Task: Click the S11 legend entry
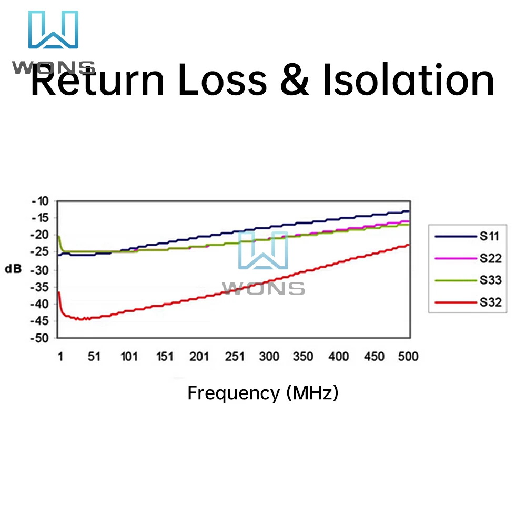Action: [468, 236]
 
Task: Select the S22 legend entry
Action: [468, 258]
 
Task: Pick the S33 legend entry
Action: [468, 280]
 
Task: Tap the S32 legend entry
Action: [468, 302]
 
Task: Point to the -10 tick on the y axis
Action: [39, 201]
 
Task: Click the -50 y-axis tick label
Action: [39, 338]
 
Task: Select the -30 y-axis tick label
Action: [39, 270]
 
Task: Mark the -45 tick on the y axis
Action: [39, 321]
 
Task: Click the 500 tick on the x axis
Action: [408, 357]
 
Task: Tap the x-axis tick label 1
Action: [60, 357]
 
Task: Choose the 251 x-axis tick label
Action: [235, 357]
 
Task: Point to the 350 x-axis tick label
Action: [304, 357]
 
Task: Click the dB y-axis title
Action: [14, 269]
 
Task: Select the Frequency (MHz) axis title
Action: [263, 393]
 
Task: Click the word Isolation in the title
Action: [408, 80]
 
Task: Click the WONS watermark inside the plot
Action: [263, 263]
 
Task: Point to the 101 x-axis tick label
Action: [129, 357]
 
